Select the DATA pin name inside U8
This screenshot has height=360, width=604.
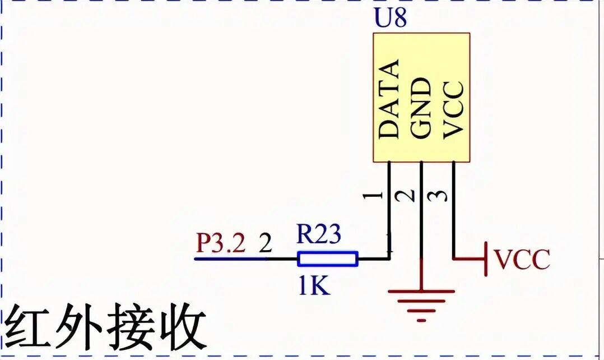pyautogui.click(x=389, y=99)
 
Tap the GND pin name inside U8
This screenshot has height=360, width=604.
pyautogui.click(x=421, y=108)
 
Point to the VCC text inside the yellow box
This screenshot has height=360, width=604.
pyautogui.click(x=453, y=109)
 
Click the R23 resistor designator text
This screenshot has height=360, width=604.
pyautogui.click(x=318, y=234)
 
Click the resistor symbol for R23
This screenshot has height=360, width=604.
pyautogui.click(x=327, y=259)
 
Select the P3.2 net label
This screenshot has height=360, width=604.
pyautogui.click(x=221, y=244)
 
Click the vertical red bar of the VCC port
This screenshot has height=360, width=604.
pyautogui.click(x=486, y=259)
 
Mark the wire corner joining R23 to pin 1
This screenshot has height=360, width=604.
pyautogui.click(x=389, y=259)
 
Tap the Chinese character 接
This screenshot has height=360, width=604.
pyautogui.click(x=130, y=329)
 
